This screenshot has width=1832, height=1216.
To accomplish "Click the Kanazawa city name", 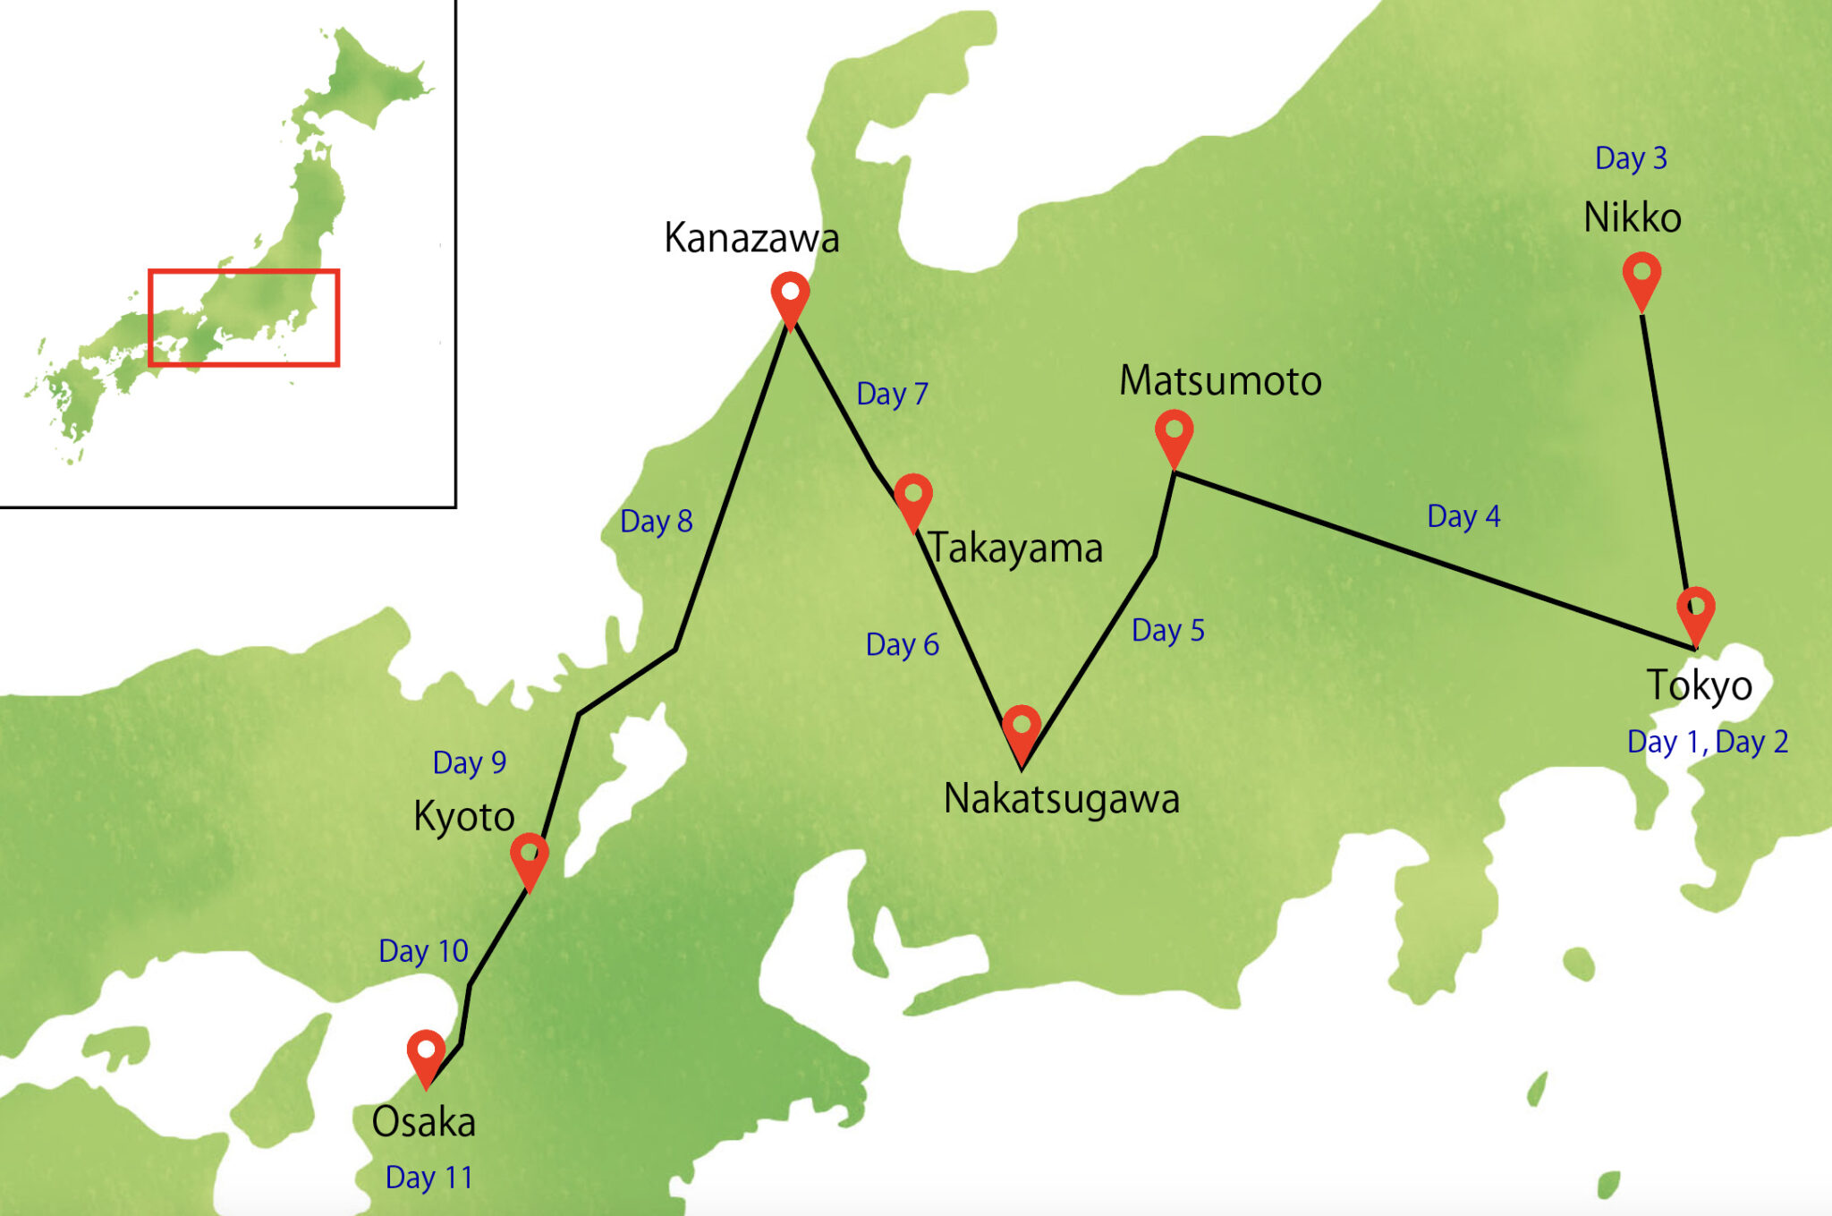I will tap(751, 238).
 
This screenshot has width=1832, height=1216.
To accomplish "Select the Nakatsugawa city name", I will tap(1061, 798).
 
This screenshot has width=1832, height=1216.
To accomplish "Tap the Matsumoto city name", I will tap(1220, 380).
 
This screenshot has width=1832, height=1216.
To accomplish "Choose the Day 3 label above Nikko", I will tap(1631, 158).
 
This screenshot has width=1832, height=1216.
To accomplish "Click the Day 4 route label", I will tap(1463, 516).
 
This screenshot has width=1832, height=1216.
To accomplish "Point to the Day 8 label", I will tap(656, 521).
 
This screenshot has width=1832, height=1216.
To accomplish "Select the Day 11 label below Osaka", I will tap(428, 1178).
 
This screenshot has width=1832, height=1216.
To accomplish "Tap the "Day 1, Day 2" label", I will tap(1707, 742).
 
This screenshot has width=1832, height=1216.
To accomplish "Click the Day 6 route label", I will tap(902, 644).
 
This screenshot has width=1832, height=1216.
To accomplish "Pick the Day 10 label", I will tap(423, 950).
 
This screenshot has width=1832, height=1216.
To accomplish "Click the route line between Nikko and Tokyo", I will tap(1664, 447).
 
